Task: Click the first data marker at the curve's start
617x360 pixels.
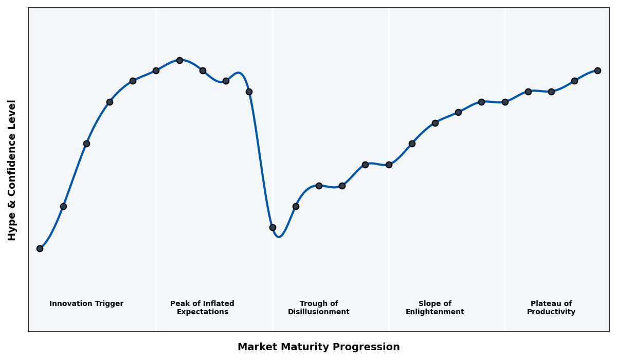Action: [40, 248]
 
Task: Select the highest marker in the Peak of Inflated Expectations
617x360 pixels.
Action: [179, 60]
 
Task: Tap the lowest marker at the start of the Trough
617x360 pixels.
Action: [273, 227]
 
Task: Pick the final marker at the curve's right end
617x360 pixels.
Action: [597, 70]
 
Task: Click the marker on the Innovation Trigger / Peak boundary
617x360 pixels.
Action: [156, 70]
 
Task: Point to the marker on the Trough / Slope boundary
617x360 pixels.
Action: [389, 165]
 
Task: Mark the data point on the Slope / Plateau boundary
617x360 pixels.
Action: [505, 102]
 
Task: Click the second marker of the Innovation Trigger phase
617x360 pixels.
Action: [63, 206]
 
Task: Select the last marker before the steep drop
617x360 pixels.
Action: [249, 92]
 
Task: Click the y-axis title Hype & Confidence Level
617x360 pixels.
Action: [12, 170]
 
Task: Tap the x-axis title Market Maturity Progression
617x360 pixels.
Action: [318, 347]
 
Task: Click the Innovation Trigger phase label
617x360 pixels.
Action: [86, 304]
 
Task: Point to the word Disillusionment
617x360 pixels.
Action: [318, 312]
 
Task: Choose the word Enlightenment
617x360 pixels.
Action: [434, 312]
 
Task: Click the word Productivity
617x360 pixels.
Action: [551, 312]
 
